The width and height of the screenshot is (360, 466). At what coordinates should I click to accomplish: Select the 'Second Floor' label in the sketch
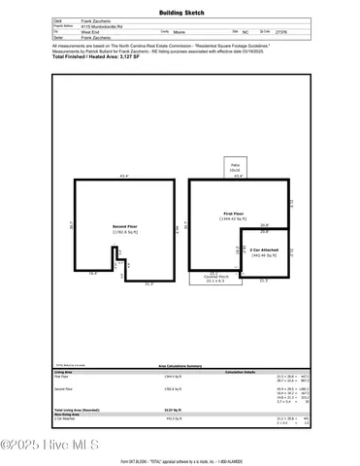pyautogui.click(x=123, y=226)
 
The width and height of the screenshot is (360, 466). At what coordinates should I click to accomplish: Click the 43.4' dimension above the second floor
pyautogui.click(x=123, y=176)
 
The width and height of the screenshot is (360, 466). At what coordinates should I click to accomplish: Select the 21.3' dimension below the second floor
pyautogui.click(x=148, y=284)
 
